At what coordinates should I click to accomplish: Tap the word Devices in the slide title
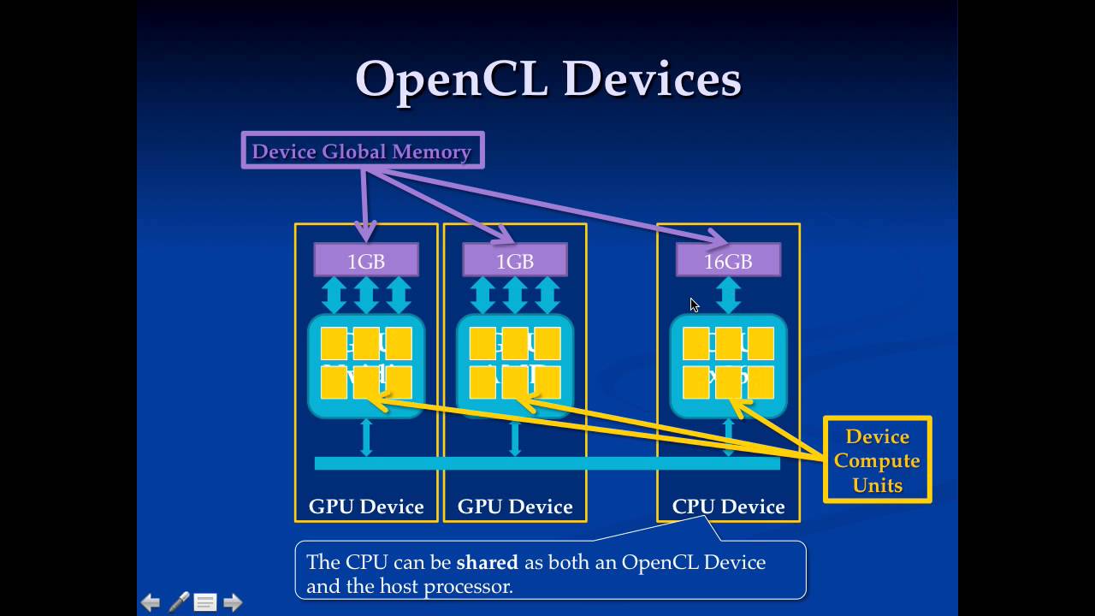652,80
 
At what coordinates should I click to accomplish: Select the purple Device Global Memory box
363,151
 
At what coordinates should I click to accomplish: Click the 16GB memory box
728,261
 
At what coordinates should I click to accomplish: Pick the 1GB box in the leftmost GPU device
366,261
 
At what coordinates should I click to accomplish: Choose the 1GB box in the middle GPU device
515,261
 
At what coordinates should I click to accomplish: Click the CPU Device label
728,506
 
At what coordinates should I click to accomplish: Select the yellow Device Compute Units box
877,460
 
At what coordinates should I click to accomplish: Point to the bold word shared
487,562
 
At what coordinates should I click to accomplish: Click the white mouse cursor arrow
694,305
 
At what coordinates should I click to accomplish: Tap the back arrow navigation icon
151,603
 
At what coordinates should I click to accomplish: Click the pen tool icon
178,602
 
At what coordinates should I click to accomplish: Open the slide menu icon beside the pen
205,603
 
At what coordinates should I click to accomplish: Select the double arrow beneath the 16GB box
728,295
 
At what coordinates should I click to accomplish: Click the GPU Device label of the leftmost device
366,506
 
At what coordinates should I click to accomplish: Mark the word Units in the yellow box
877,485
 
